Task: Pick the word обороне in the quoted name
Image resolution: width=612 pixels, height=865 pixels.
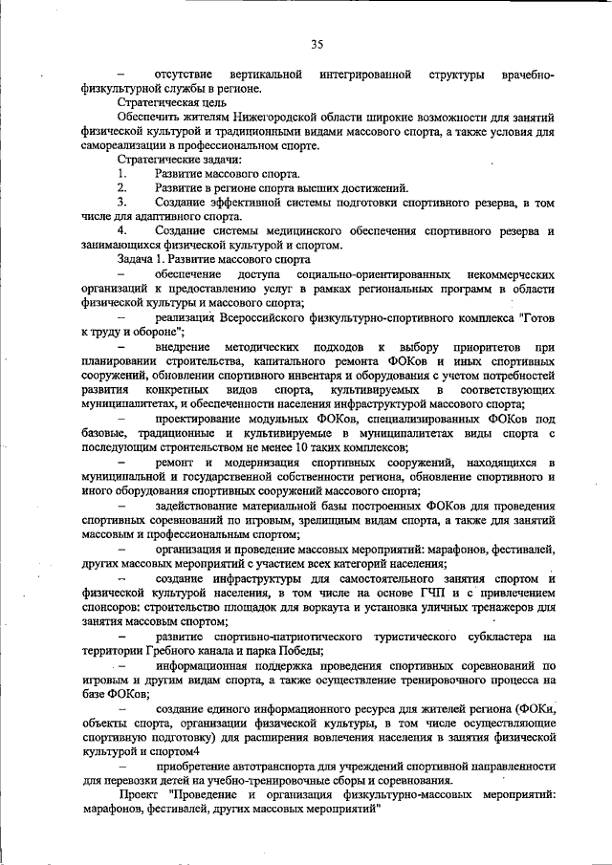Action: [146, 331]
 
